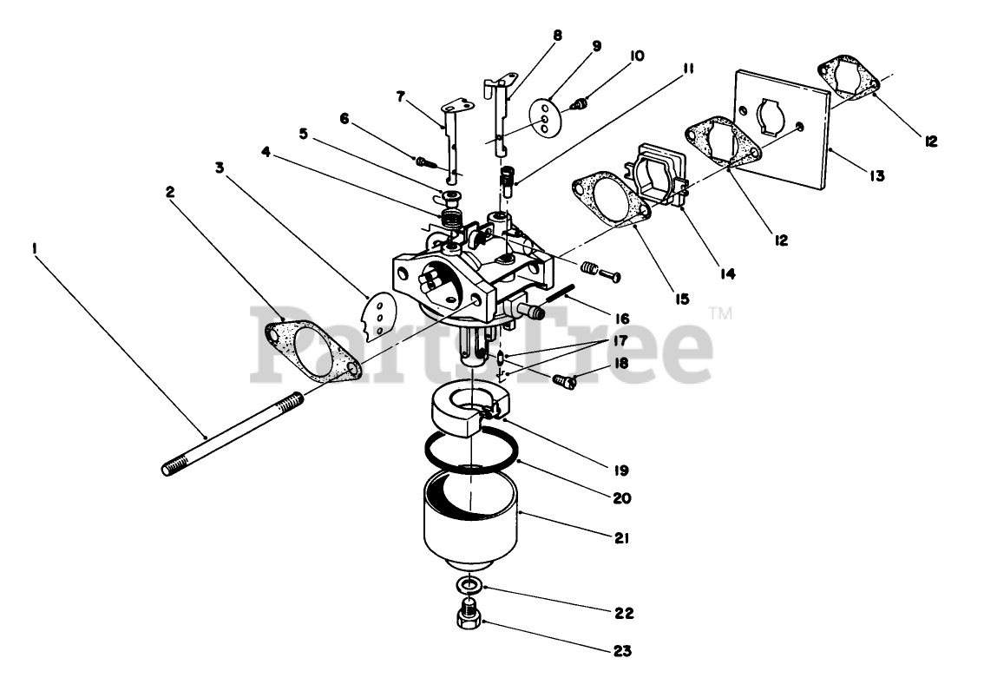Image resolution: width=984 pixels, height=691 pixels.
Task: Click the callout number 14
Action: [x=726, y=273]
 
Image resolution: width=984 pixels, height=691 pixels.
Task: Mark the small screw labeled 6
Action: [x=424, y=161]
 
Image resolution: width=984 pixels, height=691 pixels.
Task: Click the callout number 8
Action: [x=557, y=36]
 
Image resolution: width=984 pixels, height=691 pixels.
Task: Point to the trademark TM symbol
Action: [x=720, y=313]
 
